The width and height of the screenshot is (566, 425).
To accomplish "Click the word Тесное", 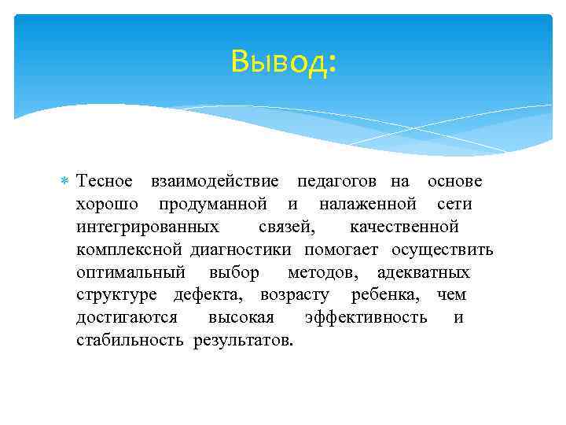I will tap(104, 182).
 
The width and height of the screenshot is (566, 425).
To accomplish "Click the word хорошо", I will tap(108, 205).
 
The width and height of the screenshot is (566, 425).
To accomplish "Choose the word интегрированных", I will tap(148, 227).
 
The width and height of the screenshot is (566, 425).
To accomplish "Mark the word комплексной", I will tap(130, 250).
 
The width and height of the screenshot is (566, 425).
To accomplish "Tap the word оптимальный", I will tap(130, 273).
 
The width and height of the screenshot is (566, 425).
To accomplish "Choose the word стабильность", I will tap(130, 341).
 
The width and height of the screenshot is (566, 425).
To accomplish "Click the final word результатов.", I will tap(244, 341).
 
